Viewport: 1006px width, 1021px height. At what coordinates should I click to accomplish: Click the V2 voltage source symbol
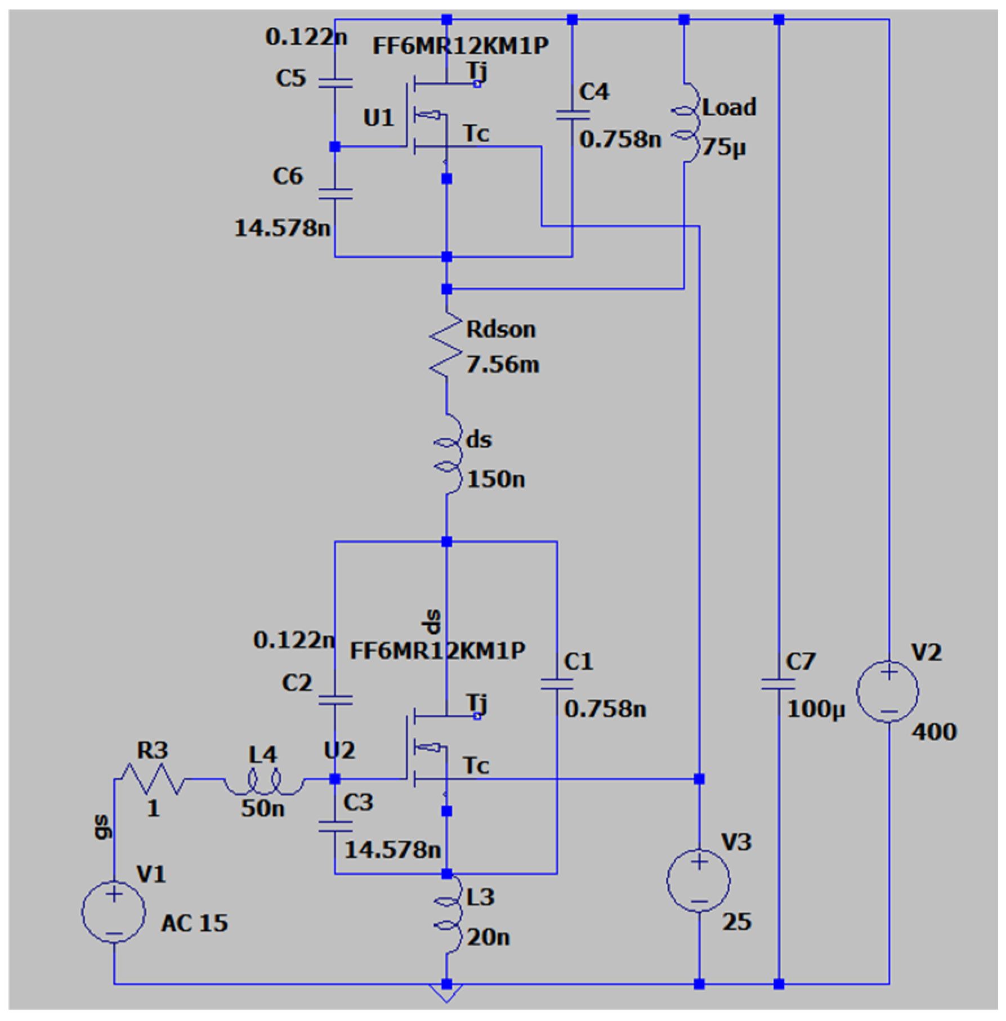pyautogui.click(x=888, y=691)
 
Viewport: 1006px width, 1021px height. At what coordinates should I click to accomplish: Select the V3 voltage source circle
pyautogui.click(x=699, y=880)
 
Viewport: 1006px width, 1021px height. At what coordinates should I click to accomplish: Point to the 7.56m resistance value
pyautogui.click(x=502, y=365)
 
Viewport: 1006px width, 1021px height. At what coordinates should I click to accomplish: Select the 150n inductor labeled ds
pyautogui.click(x=448, y=455)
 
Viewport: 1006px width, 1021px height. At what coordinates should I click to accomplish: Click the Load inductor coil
pyautogui.click(x=686, y=123)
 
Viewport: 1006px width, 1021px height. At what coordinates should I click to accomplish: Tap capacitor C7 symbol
pyautogui.click(x=779, y=684)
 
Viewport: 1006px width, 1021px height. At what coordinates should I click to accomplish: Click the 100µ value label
pyautogui.click(x=816, y=709)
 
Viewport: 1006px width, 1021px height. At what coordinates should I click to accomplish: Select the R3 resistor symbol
pyautogui.click(x=153, y=779)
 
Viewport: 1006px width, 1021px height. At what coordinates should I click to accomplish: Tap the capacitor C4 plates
pyautogui.click(x=572, y=115)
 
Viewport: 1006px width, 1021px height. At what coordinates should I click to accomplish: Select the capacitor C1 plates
pyautogui.click(x=557, y=684)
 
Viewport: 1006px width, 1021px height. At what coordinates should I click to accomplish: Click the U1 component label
pyautogui.click(x=378, y=118)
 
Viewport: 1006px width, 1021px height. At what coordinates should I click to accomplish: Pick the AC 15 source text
pyautogui.click(x=194, y=924)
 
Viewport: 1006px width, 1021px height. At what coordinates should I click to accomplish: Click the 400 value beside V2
pyautogui.click(x=934, y=732)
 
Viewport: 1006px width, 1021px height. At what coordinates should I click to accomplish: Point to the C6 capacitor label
pyautogui.click(x=288, y=177)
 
